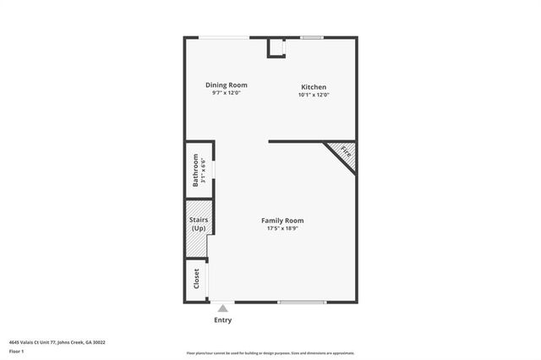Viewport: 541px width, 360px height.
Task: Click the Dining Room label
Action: click(x=227, y=85)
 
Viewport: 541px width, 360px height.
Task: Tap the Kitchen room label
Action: click(x=314, y=87)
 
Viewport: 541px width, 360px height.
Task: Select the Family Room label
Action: click(x=283, y=221)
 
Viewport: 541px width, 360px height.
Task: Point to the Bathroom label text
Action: click(x=194, y=169)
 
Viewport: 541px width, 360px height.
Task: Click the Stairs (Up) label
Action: click(x=199, y=225)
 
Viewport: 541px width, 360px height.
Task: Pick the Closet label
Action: click(x=196, y=279)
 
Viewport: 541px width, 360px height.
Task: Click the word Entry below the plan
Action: click(x=222, y=320)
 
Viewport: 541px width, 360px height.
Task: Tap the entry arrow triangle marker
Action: click(x=222, y=309)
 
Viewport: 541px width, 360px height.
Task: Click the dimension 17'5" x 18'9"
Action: click(x=283, y=228)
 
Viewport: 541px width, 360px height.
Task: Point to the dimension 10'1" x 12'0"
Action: click(x=314, y=95)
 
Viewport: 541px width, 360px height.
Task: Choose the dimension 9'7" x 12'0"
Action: click(x=227, y=92)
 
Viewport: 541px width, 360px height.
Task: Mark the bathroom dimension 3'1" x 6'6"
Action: click(x=204, y=169)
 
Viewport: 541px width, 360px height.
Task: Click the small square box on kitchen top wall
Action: click(x=277, y=48)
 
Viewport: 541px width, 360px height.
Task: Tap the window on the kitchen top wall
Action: click(x=312, y=37)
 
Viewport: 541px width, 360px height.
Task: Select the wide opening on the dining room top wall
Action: click(x=224, y=37)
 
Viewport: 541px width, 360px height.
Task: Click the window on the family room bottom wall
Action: click(x=302, y=302)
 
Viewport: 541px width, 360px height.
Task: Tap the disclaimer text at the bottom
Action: click(x=270, y=353)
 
